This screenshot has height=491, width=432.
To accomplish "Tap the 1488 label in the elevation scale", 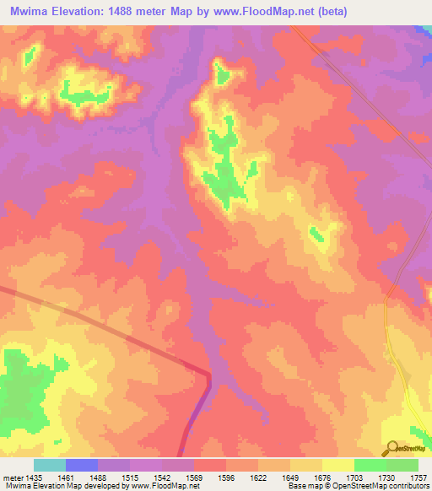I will pos(98,477).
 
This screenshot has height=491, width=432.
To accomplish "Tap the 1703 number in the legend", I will pos(355,477).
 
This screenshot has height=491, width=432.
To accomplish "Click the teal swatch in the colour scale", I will pos(50,465).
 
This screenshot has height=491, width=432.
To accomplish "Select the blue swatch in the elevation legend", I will pos(82,465).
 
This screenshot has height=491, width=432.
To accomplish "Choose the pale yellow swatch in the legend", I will pos(338,465).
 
